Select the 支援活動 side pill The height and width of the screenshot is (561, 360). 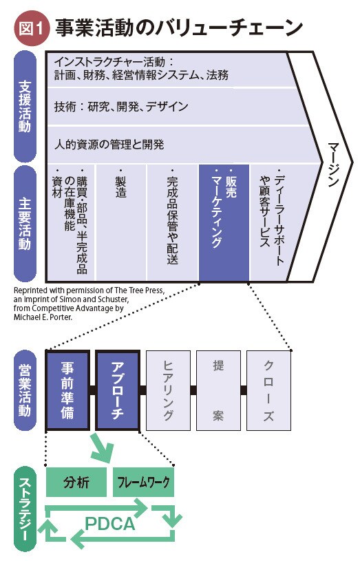(25, 106)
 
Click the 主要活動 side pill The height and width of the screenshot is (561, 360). (25, 224)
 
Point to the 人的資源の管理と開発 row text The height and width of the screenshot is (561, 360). (109, 145)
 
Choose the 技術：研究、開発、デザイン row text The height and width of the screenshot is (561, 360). (121, 106)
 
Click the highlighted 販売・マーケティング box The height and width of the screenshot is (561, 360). (224, 222)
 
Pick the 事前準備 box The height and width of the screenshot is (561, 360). (67, 390)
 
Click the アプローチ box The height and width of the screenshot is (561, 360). (118, 390)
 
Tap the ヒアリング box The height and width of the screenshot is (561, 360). (168, 390)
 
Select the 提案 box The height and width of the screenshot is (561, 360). (218, 390)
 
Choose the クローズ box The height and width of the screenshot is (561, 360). (268, 390)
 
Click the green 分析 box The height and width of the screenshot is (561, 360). (76, 482)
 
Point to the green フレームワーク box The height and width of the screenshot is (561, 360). (143, 482)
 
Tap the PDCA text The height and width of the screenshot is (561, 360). (110, 524)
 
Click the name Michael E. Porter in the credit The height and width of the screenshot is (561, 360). (43, 317)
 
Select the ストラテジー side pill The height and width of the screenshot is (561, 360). (25, 511)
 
